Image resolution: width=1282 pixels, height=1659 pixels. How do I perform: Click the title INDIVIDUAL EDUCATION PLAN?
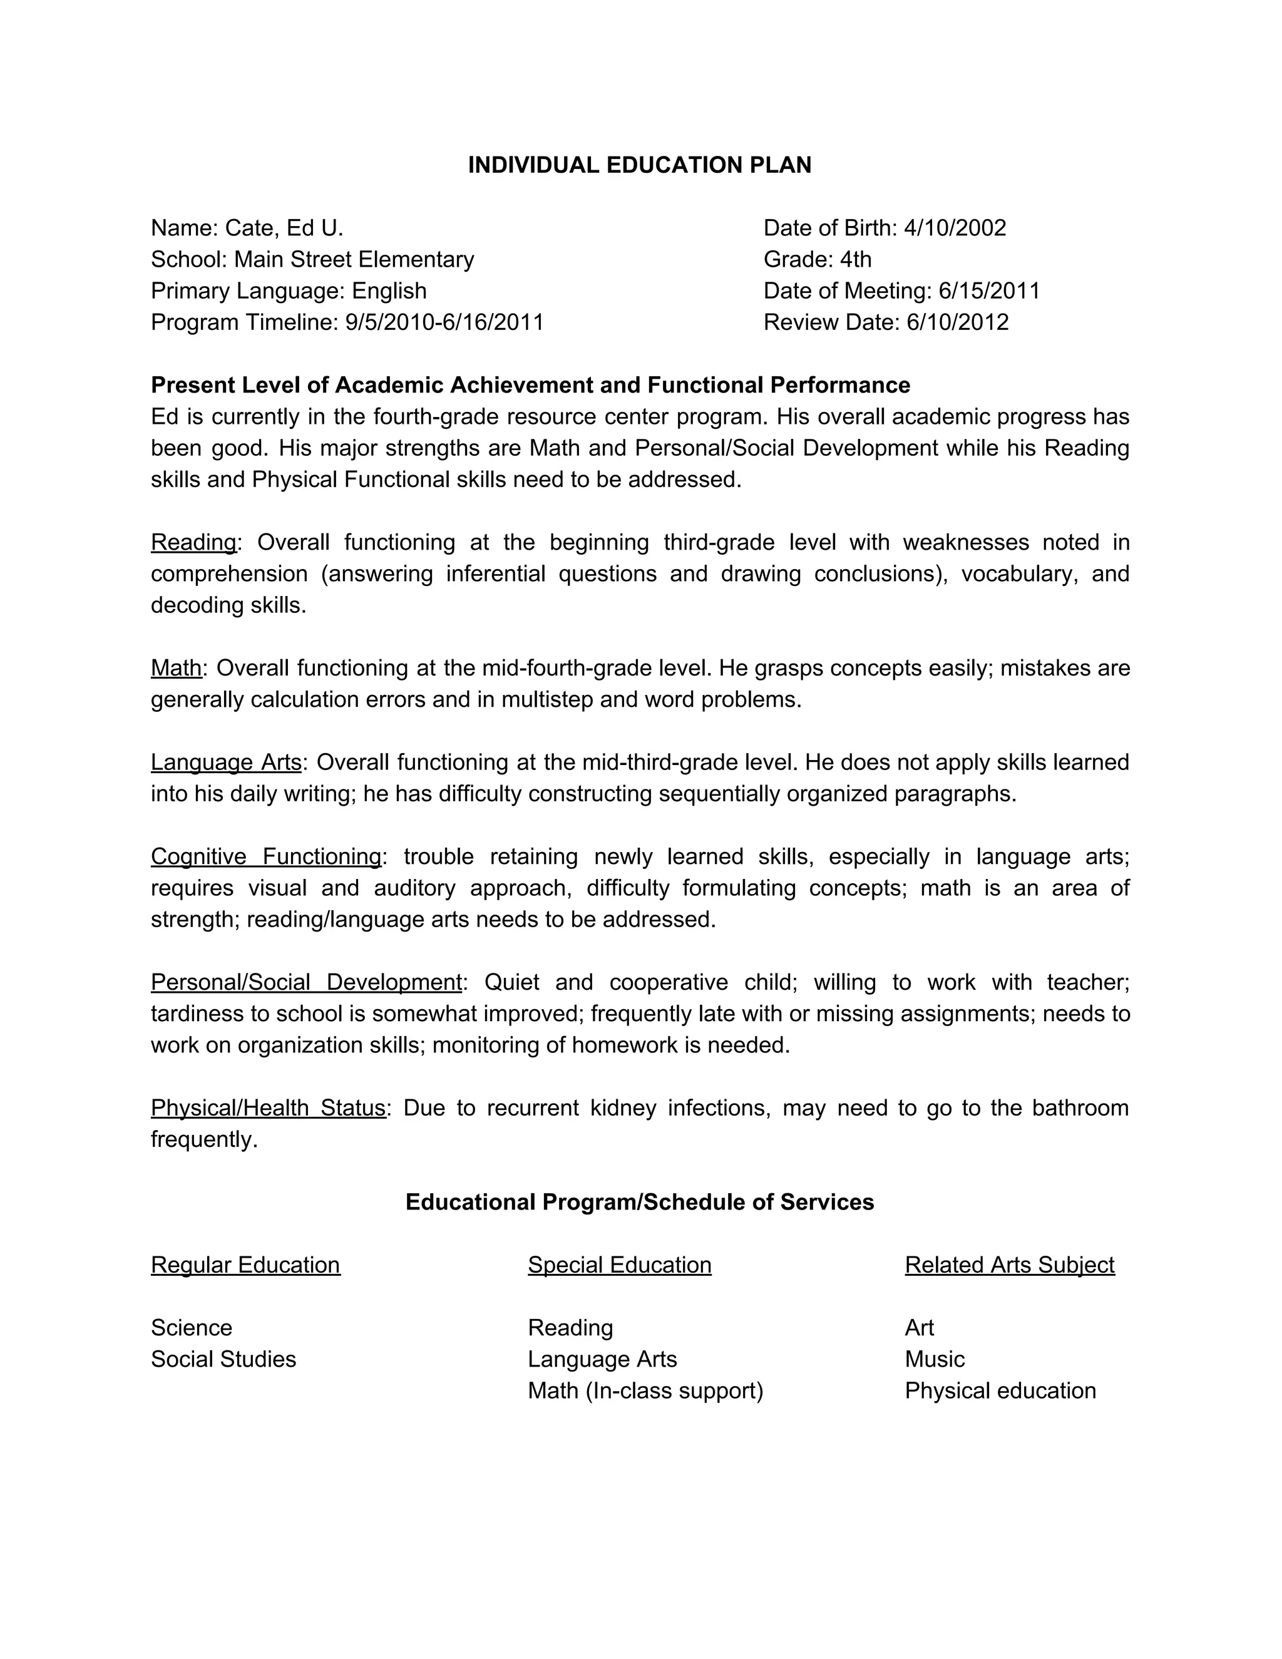coord(640,165)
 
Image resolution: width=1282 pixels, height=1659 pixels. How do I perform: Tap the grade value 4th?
coord(855,260)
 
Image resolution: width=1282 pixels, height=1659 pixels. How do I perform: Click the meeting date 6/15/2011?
coord(989,291)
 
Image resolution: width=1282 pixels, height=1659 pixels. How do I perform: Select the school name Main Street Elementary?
coord(354,260)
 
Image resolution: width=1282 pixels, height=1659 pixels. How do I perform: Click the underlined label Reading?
coord(193,542)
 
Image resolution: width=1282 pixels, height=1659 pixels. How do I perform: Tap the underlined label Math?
coord(176,668)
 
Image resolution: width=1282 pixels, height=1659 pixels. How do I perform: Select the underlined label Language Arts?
coord(225,762)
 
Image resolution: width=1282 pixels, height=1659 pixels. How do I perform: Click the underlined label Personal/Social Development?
coord(306,982)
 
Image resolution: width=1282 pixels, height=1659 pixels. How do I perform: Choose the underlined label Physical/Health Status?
coord(268,1107)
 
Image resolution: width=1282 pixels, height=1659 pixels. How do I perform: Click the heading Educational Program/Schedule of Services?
coord(640,1202)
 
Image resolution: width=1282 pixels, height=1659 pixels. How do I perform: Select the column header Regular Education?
coord(245,1265)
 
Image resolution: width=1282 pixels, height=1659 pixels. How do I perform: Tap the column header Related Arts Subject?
coord(1009,1265)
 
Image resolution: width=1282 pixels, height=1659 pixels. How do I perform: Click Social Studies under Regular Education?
coord(223,1359)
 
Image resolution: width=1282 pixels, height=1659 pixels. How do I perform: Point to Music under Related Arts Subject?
coord(934,1359)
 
